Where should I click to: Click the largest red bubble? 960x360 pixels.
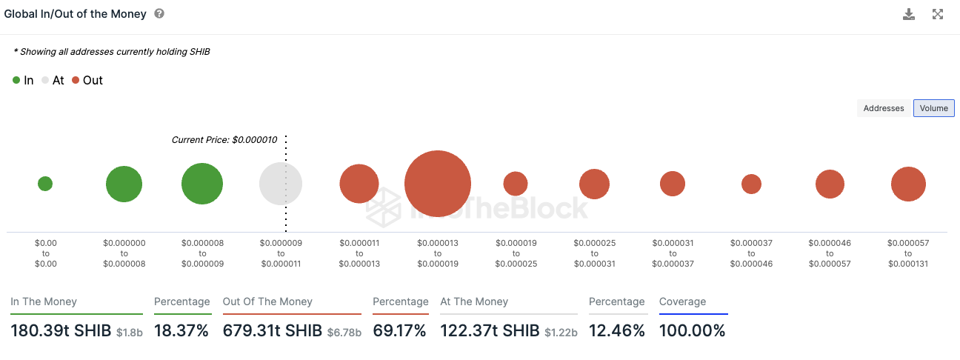tap(437, 184)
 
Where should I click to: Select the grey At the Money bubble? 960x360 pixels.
tap(281, 184)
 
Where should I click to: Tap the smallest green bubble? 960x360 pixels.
tap(45, 184)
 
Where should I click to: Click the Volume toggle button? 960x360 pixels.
tap(933, 108)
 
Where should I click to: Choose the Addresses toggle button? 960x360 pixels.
tap(884, 108)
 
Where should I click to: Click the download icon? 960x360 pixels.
tap(909, 14)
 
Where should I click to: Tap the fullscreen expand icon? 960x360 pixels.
tap(938, 14)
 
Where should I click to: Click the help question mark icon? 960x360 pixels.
tap(159, 14)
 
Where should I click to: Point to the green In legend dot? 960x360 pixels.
tap(16, 80)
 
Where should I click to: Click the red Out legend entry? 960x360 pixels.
tap(88, 80)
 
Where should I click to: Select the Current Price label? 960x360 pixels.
tap(224, 139)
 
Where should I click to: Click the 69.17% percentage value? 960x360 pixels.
tap(399, 331)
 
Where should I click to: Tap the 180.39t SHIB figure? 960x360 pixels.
tap(61, 331)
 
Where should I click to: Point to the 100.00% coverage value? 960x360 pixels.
tap(692, 331)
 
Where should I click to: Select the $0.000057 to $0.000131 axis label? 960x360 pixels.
tap(907, 253)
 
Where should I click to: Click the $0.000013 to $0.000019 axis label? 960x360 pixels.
tap(438, 253)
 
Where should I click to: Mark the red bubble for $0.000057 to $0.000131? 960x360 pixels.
tap(908, 184)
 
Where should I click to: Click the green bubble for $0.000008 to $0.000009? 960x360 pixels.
tap(202, 184)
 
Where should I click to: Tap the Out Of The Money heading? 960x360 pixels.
tap(267, 301)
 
